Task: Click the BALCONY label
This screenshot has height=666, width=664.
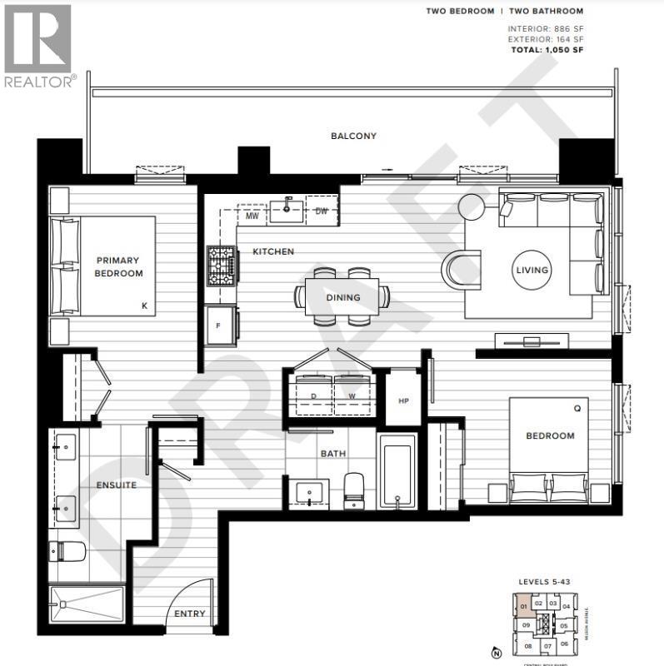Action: pyautogui.click(x=353, y=136)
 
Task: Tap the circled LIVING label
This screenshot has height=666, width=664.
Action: pyautogui.click(x=532, y=270)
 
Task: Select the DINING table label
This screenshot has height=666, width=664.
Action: pyautogui.click(x=342, y=297)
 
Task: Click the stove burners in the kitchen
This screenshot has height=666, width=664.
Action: pyautogui.click(x=222, y=266)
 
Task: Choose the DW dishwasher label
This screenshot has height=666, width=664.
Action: pyautogui.click(x=322, y=211)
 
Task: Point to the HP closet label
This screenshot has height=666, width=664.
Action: pyautogui.click(x=403, y=400)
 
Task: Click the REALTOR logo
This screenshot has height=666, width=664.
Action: pyautogui.click(x=39, y=46)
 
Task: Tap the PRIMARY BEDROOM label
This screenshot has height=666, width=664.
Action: pyautogui.click(x=119, y=266)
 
